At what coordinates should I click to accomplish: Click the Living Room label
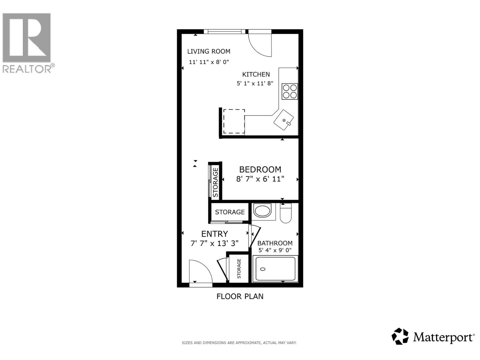click(x=208, y=51)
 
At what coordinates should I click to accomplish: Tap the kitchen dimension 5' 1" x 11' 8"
click(x=255, y=83)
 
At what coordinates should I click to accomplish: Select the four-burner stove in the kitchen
click(x=290, y=91)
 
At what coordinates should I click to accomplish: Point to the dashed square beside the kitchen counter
click(x=234, y=121)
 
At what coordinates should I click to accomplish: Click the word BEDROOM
click(x=260, y=169)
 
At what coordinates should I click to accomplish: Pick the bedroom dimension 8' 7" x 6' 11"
click(x=260, y=179)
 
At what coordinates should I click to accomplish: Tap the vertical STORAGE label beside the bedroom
click(x=215, y=182)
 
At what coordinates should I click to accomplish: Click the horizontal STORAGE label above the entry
click(x=230, y=212)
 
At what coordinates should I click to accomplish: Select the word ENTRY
click(x=214, y=234)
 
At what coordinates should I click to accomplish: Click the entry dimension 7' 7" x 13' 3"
click(x=214, y=243)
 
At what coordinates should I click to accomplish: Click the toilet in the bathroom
click(x=286, y=214)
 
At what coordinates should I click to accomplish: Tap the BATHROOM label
click(x=275, y=243)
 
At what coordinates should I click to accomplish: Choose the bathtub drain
click(x=263, y=269)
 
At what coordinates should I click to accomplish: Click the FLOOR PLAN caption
click(x=240, y=296)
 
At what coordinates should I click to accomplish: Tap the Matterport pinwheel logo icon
click(x=400, y=336)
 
